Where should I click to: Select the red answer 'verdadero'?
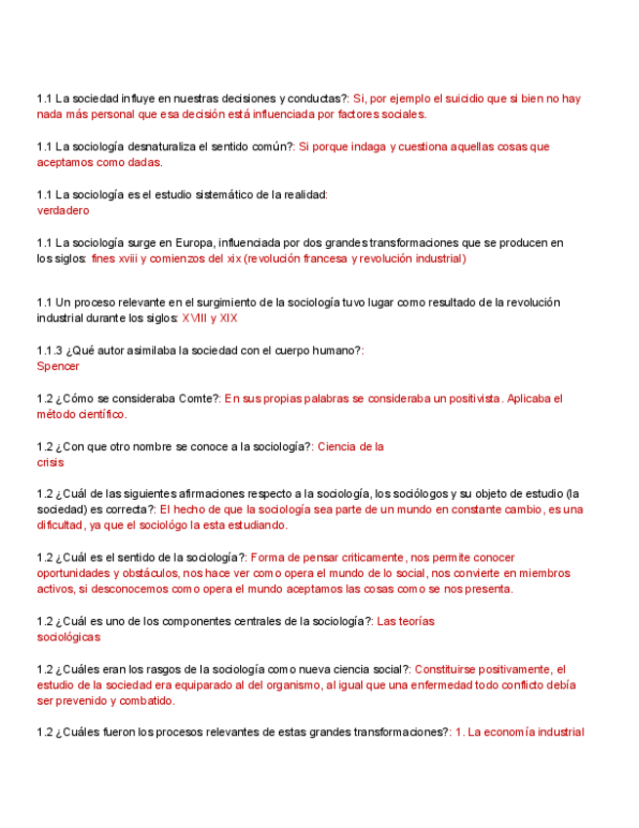pos(62,210)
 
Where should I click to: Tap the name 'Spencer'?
pos(58,366)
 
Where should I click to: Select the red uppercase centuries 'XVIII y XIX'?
pos(209,318)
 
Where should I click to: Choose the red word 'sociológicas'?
pos(68,637)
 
